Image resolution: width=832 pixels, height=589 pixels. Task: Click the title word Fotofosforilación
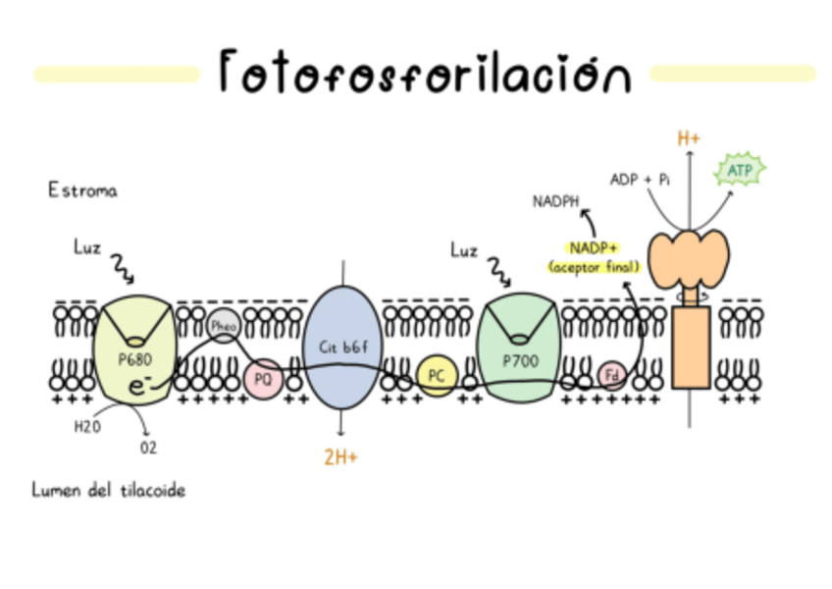click(x=424, y=71)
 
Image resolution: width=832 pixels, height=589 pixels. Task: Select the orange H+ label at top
click(x=689, y=138)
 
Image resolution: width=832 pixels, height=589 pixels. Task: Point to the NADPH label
click(x=556, y=202)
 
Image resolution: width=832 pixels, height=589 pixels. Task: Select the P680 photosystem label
click(x=134, y=358)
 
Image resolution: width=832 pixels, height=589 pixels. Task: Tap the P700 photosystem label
click(x=521, y=360)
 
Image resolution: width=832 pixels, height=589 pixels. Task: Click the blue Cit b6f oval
click(x=341, y=347)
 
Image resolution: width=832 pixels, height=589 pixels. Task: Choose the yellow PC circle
click(x=437, y=375)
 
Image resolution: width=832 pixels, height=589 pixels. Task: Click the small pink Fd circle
click(x=611, y=375)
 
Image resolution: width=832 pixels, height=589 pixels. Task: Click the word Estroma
click(x=82, y=191)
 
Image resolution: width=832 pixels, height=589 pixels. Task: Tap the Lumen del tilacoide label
click(x=108, y=490)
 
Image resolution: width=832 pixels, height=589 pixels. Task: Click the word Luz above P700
click(x=464, y=250)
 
